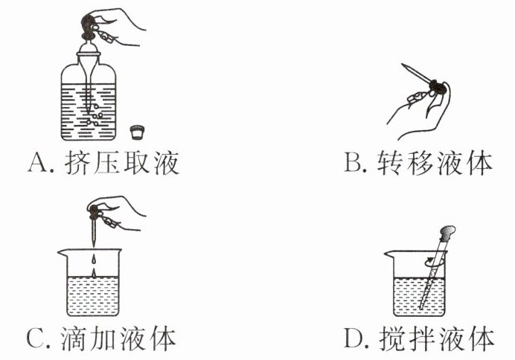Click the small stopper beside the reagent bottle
[136, 132]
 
